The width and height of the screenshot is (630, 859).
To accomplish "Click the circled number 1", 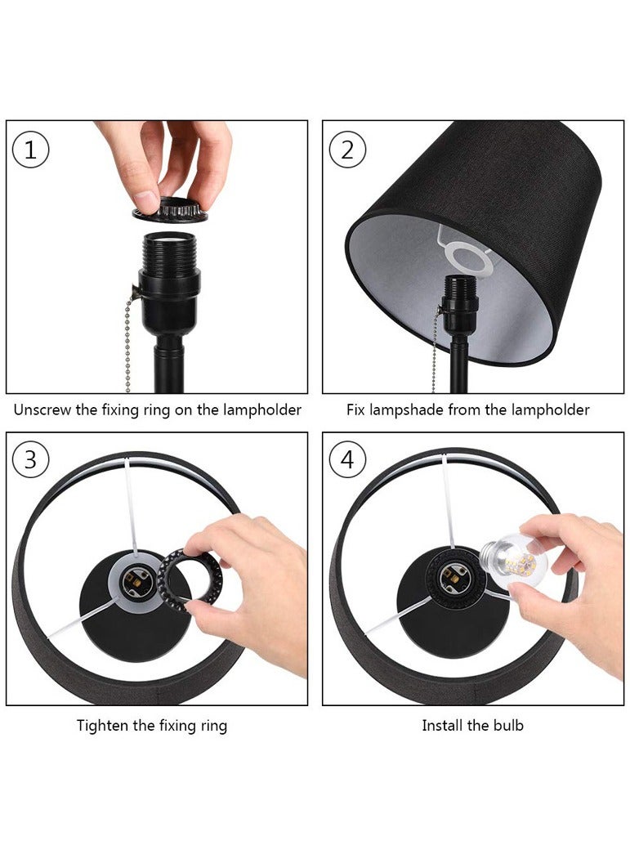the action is coord(31,150).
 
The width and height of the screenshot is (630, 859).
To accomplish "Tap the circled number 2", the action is coord(347,150).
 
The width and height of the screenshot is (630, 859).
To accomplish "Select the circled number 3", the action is coord(31,459).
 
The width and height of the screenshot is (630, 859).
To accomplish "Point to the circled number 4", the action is coord(347,459).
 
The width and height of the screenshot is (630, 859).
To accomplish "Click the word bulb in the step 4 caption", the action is coord(508,725).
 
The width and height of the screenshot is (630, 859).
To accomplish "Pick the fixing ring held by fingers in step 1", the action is coord(171,210).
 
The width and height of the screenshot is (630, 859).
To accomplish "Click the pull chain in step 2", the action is coord(436,351).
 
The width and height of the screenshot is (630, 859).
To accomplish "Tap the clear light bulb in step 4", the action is coord(510,560).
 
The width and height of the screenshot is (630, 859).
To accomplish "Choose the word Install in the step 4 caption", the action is coord(442,725).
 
